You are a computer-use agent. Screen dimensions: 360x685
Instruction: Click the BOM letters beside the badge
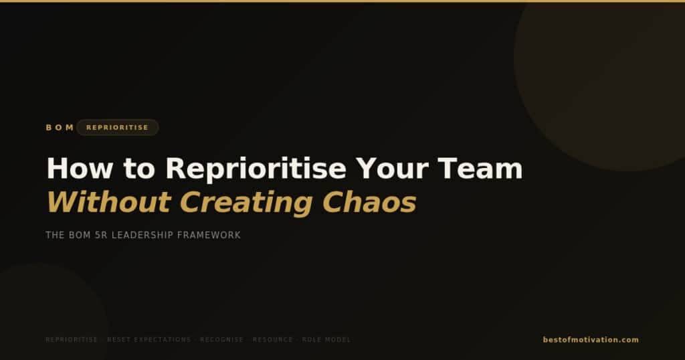60,128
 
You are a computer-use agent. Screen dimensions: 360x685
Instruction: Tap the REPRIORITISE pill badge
117,128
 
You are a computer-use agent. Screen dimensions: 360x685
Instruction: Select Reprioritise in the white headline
256,169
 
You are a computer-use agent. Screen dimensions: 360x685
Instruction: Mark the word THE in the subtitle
54,236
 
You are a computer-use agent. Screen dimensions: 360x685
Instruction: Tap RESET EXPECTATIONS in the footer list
149,340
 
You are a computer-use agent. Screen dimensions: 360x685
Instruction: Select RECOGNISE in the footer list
222,340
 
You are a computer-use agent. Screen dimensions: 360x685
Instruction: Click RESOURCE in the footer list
273,340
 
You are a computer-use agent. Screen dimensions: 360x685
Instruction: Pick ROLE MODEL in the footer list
326,340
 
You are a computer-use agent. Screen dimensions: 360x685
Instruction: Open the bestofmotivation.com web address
591,340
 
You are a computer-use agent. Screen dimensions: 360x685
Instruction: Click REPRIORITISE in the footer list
72,340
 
